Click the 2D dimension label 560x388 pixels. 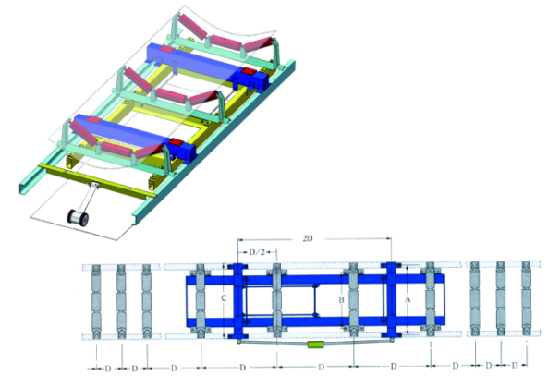(x=308, y=238)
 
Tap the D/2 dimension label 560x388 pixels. (x=257, y=252)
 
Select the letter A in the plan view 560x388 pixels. (x=408, y=300)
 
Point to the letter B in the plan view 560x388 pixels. (x=341, y=300)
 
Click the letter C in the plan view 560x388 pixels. (x=224, y=297)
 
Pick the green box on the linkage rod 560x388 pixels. (x=315, y=345)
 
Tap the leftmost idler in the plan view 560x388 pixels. (x=97, y=301)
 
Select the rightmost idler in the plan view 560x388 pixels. (x=526, y=298)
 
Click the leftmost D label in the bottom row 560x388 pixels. (x=108, y=369)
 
